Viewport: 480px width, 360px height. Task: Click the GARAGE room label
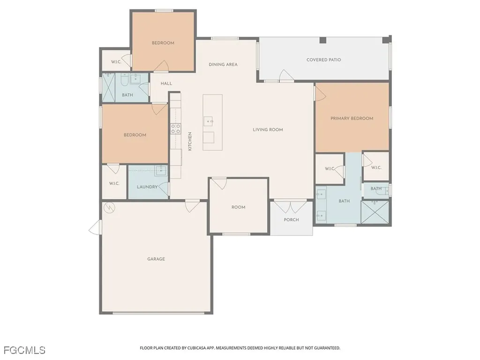156,259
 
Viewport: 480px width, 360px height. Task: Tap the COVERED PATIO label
323,60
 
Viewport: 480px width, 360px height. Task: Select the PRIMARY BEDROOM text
352,119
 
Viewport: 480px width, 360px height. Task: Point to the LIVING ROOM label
268,130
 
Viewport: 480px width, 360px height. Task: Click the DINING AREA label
223,65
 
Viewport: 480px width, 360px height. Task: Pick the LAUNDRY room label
147,187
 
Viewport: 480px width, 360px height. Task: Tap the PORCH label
291,220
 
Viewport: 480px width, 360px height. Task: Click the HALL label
166,83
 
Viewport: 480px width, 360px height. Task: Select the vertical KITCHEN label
190,141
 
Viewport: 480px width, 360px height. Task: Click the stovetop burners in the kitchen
175,128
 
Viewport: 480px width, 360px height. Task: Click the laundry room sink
160,170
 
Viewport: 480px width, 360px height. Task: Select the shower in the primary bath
375,212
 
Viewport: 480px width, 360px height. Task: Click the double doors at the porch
290,206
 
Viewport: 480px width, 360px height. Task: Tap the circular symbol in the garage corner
109,208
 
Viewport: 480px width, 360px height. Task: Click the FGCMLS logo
24,350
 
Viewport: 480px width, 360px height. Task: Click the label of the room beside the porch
238,207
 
